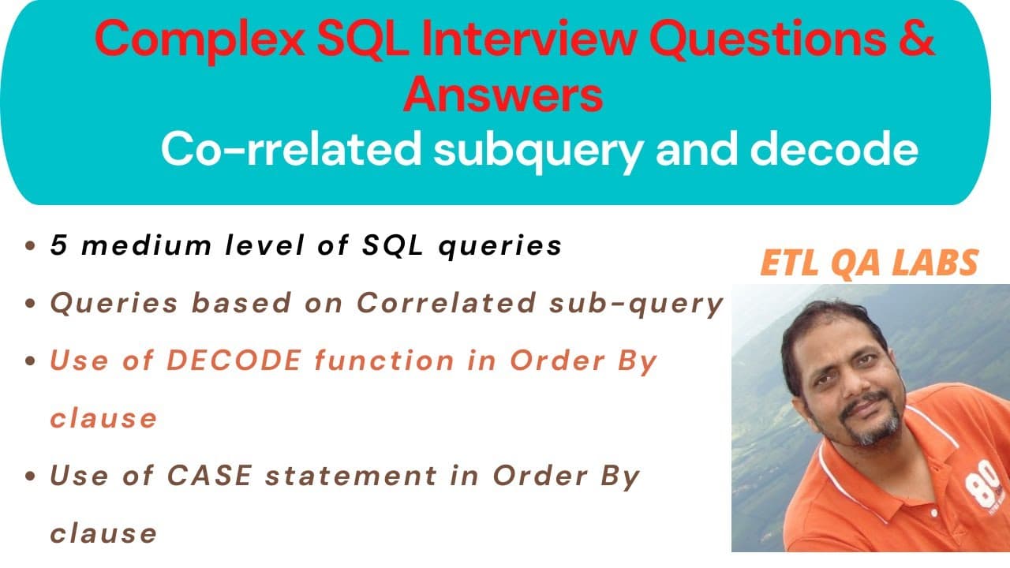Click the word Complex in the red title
click(200, 40)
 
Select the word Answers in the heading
click(503, 94)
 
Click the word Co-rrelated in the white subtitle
click(292, 149)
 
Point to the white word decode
click(834, 149)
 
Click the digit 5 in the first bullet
click(59, 245)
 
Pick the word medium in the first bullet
click(147, 245)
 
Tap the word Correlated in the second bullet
click(447, 302)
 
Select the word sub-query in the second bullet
click(637, 304)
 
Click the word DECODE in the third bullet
click(234, 361)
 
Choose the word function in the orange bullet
click(384, 361)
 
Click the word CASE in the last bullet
click(209, 476)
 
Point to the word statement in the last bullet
click(351, 476)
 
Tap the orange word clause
click(103, 418)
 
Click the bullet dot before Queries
click(30, 303)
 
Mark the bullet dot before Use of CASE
click(30, 476)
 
